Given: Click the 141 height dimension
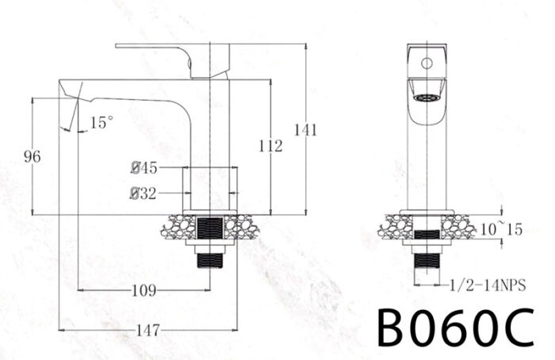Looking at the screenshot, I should (x=305, y=130).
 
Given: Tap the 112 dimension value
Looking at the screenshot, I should (x=270, y=145).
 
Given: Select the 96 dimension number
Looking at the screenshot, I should (x=32, y=156).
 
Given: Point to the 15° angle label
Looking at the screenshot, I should (x=101, y=123).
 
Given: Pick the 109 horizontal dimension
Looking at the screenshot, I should (x=143, y=291).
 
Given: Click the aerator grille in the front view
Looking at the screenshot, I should (x=427, y=98).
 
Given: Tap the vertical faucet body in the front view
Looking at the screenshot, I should (x=427, y=159).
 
